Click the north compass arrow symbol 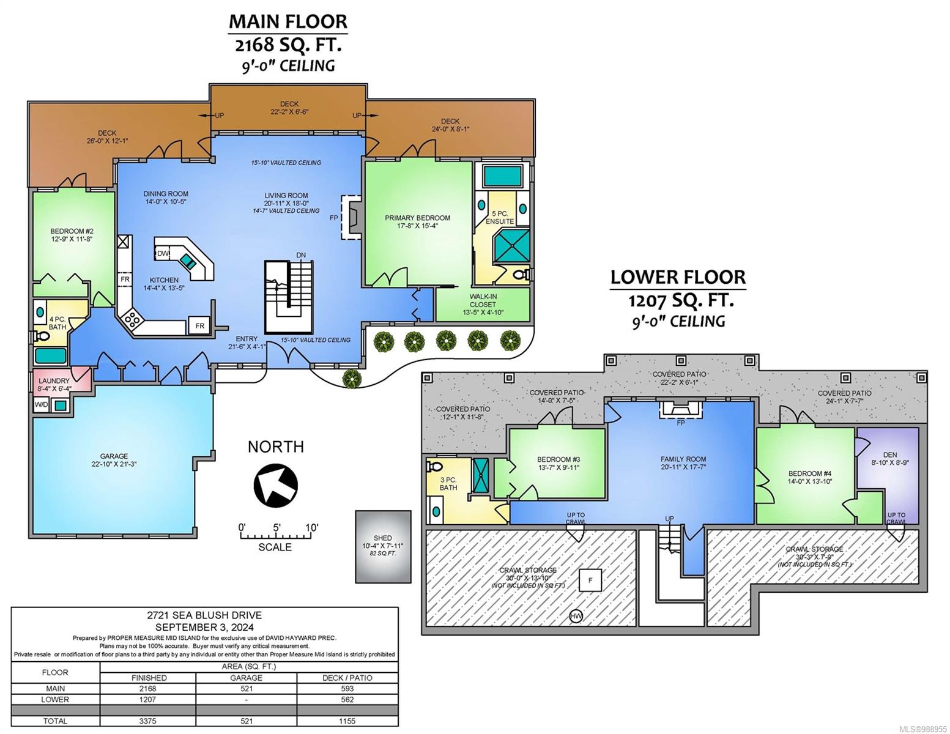(275, 485)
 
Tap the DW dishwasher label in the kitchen (163, 253)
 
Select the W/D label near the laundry (41, 404)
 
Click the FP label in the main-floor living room (333, 217)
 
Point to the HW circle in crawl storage (576, 616)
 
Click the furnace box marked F (590, 580)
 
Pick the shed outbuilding (383, 546)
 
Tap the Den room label (889, 459)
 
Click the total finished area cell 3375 (147, 721)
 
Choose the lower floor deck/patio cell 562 (347, 700)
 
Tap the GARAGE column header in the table (246, 678)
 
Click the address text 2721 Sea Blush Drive (204, 615)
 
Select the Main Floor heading (288, 21)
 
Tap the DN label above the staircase (301, 255)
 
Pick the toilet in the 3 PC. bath (434, 466)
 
